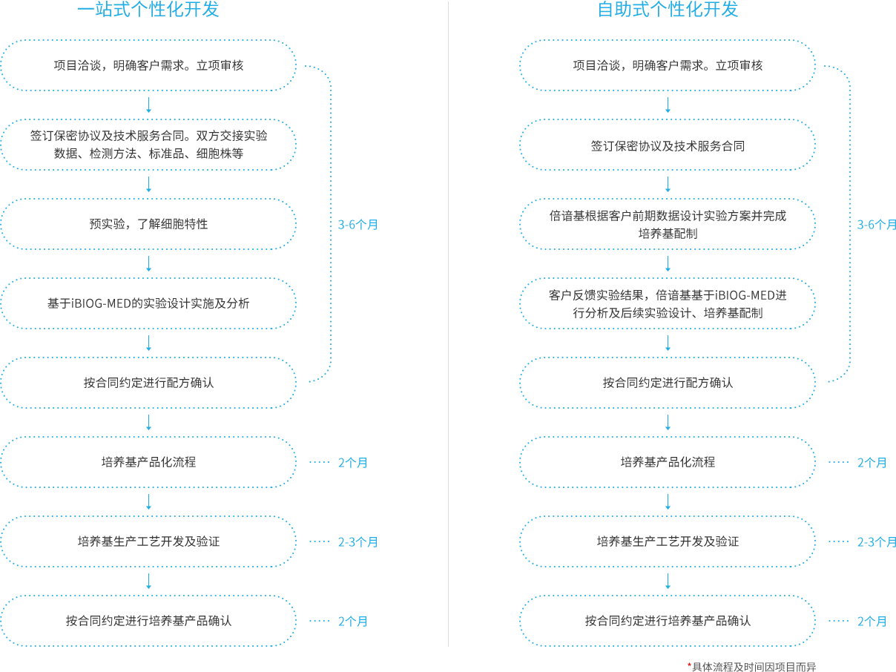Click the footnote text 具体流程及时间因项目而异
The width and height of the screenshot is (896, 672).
(753, 667)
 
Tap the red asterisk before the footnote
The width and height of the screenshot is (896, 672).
(689, 665)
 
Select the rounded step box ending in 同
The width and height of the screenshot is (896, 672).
(668, 145)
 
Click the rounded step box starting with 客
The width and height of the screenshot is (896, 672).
(668, 303)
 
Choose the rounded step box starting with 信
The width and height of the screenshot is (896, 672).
(668, 223)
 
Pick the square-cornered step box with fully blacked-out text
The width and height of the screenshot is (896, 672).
(148, 303)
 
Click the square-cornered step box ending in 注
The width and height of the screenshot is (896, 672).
(148, 223)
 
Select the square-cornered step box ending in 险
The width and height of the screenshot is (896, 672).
(148, 145)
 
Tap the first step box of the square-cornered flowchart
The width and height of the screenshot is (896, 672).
(148, 65)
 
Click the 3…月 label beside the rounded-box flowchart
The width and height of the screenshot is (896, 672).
(877, 224)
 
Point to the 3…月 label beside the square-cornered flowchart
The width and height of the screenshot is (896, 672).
(358, 224)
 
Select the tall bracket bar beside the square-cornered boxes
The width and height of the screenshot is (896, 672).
(314, 223)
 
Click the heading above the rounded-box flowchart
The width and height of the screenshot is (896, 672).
(668, 9)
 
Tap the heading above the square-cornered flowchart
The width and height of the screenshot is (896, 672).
(148, 9)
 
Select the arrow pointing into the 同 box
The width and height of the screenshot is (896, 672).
(668, 105)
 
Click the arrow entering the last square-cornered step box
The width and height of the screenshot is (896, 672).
(148, 581)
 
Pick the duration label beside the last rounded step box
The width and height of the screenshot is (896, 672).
(872, 621)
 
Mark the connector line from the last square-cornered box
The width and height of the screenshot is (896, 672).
(314, 620)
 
